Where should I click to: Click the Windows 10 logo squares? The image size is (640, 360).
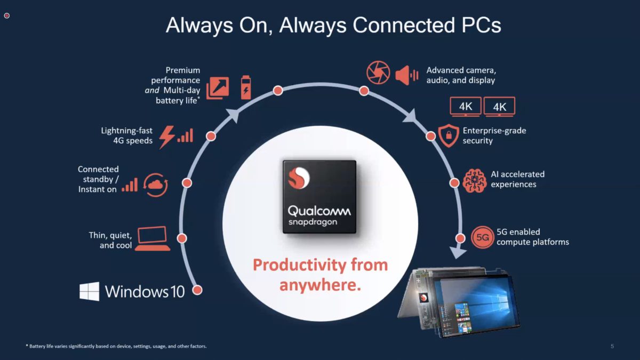89,291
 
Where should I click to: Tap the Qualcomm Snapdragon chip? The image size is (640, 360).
319,197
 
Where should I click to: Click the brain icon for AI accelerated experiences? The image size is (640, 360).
474,180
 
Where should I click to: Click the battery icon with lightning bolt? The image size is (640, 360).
245,86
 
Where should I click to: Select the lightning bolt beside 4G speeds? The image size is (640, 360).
167,137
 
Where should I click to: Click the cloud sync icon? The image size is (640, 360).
156,185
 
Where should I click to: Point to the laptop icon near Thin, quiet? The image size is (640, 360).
153,238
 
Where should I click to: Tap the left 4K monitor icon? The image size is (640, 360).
466,107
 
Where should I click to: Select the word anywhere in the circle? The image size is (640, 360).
320,285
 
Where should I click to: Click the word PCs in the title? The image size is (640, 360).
478,25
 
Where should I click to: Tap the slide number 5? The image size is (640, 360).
612,347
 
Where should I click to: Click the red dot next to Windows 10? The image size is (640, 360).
197,290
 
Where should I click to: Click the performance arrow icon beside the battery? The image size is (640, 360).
218,87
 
